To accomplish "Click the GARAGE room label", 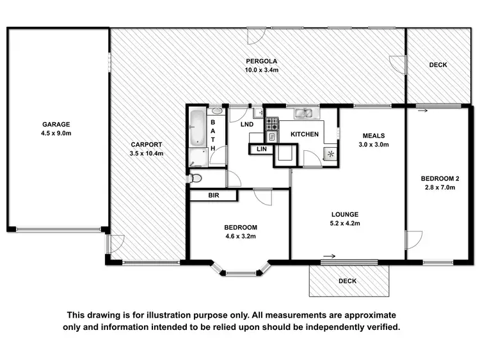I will point(56,125).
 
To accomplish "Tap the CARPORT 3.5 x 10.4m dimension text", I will point(147,153).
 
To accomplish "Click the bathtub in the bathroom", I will point(197,128).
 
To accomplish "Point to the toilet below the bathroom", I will point(196,178).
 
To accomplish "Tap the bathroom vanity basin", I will point(217,111).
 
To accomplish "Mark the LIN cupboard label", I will point(261,149).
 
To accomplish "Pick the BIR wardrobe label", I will point(213,196).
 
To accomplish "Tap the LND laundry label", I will point(247,125).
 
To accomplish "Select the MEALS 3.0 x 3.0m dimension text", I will point(376,145).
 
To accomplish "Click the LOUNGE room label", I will point(345,214).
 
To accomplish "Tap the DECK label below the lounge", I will point(348,281).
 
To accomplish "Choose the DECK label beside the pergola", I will point(438,65).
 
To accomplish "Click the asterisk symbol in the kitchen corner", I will point(330,154).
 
